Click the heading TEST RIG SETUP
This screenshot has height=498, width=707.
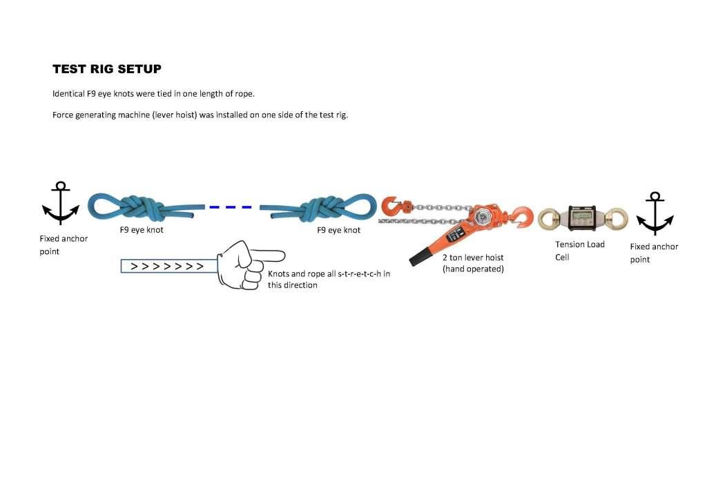click(107, 69)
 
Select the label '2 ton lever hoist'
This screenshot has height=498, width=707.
click(473, 258)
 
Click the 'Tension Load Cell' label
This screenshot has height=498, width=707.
click(579, 251)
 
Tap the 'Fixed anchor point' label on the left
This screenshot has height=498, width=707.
click(64, 245)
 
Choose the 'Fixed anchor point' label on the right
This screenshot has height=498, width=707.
click(654, 253)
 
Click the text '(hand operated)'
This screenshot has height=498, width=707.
click(473, 269)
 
